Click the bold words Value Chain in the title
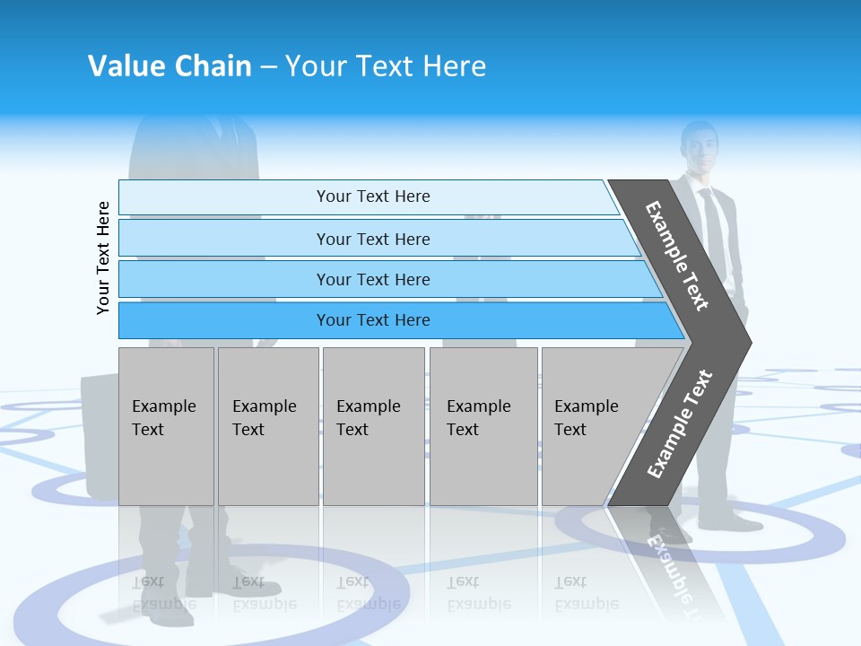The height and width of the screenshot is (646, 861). point(170,66)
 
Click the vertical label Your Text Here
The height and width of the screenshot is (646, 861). point(104,258)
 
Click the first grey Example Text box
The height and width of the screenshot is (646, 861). point(166,425)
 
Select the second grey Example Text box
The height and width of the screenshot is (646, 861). point(268,425)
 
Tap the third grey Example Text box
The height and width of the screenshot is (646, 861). point(373,425)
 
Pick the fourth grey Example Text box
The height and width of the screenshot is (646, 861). point(483,425)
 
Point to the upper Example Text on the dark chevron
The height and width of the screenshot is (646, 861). point(677,256)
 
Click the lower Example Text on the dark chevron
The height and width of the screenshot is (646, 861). point(679,424)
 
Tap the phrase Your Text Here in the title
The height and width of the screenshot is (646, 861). point(386,66)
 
